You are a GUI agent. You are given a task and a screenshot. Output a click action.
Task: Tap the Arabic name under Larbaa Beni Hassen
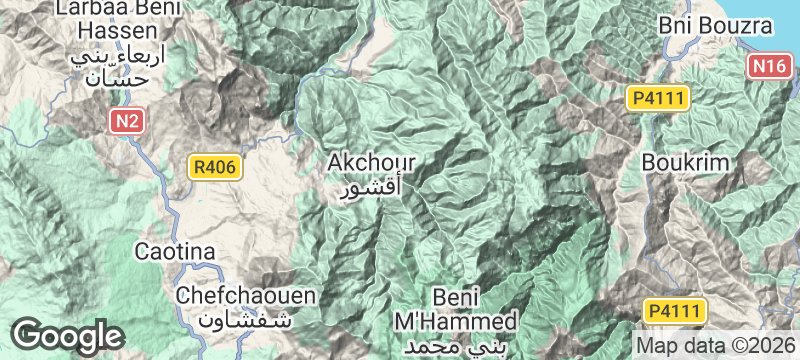(97, 65)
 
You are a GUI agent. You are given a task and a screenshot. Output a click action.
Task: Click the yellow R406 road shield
(216, 167)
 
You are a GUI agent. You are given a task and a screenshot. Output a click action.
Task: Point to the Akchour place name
(371, 162)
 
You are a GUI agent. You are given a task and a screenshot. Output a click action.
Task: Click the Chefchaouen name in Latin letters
(246, 296)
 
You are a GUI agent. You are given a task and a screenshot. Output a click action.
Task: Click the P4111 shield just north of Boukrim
(656, 98)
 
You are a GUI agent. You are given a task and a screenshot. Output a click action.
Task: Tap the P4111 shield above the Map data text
(675, 310)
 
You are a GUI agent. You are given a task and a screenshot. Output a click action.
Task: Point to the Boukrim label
(689, 162)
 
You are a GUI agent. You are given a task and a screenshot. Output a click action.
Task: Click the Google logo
(68, 335)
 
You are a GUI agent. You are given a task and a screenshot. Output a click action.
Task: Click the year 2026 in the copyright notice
(770, 341)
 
